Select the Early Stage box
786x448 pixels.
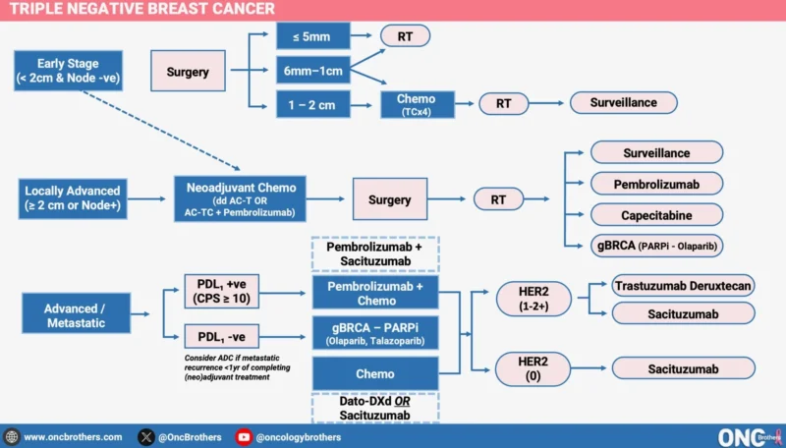68,71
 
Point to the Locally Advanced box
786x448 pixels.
73,198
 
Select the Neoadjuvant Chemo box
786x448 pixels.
241,198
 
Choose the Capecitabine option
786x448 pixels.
656,213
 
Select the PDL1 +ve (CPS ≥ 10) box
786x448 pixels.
225,293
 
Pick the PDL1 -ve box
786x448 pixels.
225,337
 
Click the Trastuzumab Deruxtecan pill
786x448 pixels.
683,285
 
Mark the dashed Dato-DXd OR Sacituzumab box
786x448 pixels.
374,409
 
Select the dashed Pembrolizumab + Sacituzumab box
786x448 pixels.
374,253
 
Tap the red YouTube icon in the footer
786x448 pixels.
244,437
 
